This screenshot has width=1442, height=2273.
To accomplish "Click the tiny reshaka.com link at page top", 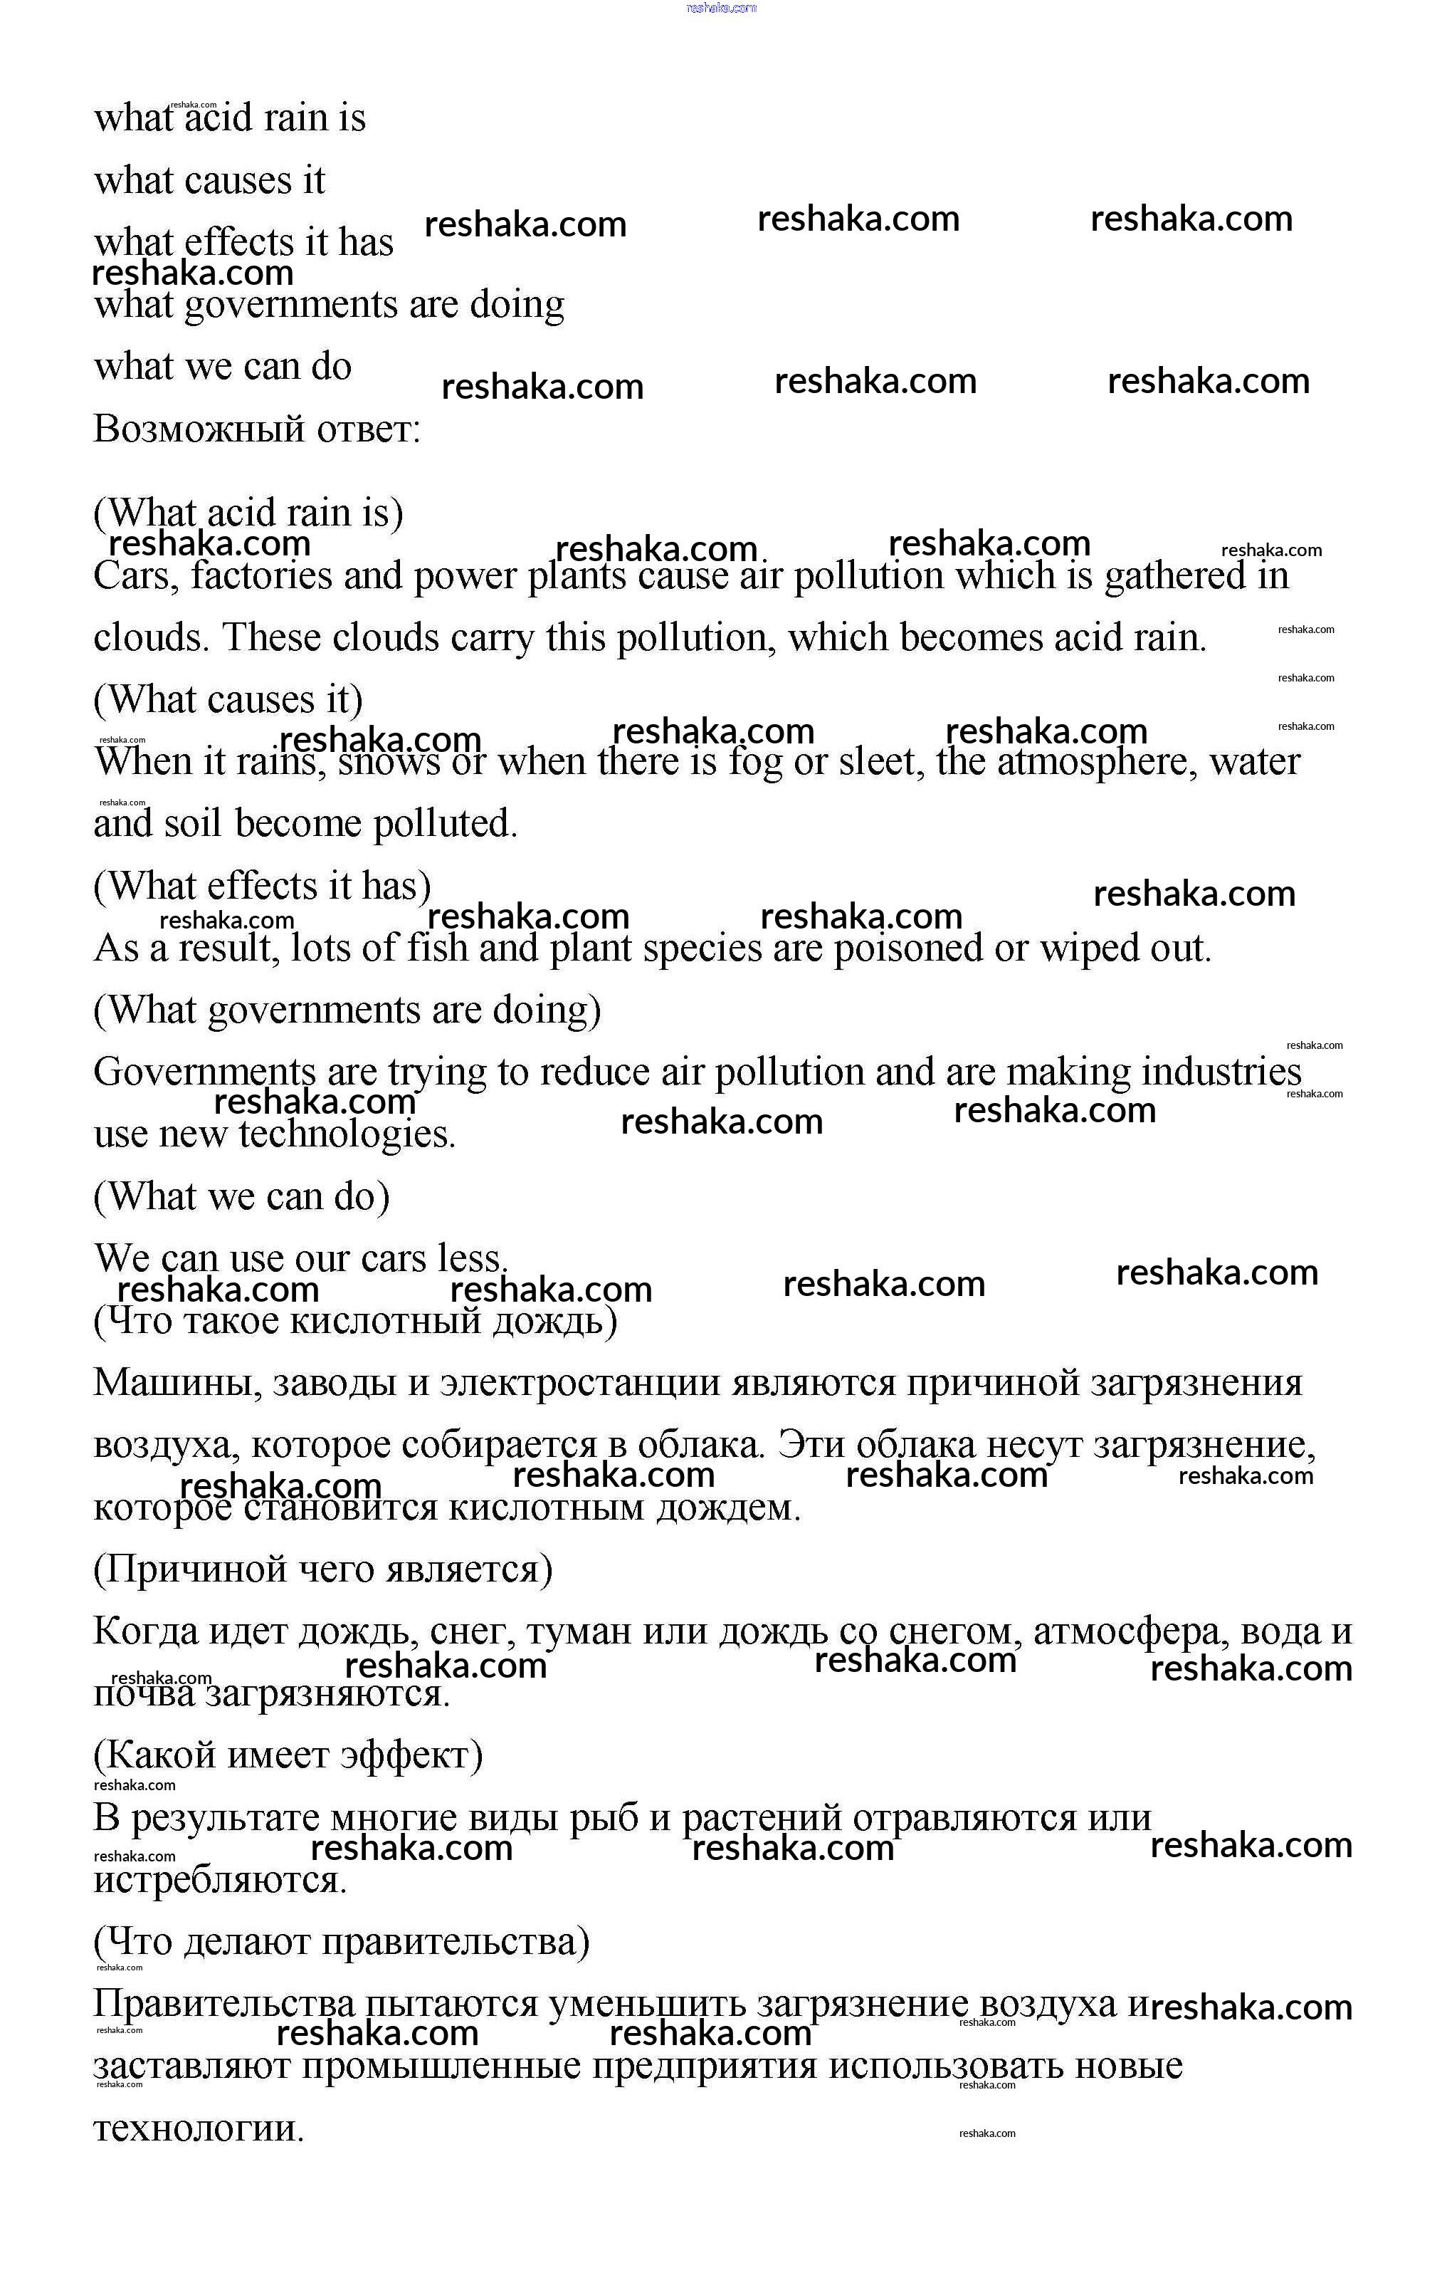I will point(722,8).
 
